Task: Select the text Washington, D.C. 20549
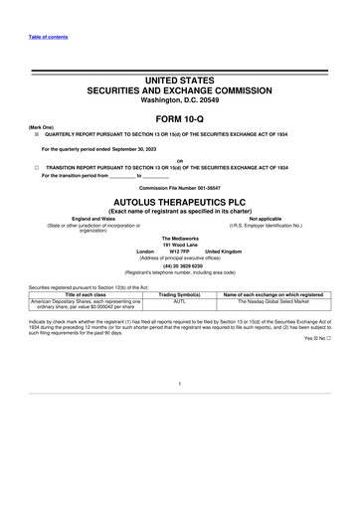(180, 99)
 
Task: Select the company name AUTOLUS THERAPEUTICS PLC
(180, 200)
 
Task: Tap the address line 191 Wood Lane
(180, 245)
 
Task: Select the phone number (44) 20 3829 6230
(180, 265)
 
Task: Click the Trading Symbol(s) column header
(180, 295)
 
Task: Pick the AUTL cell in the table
(180, 302)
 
